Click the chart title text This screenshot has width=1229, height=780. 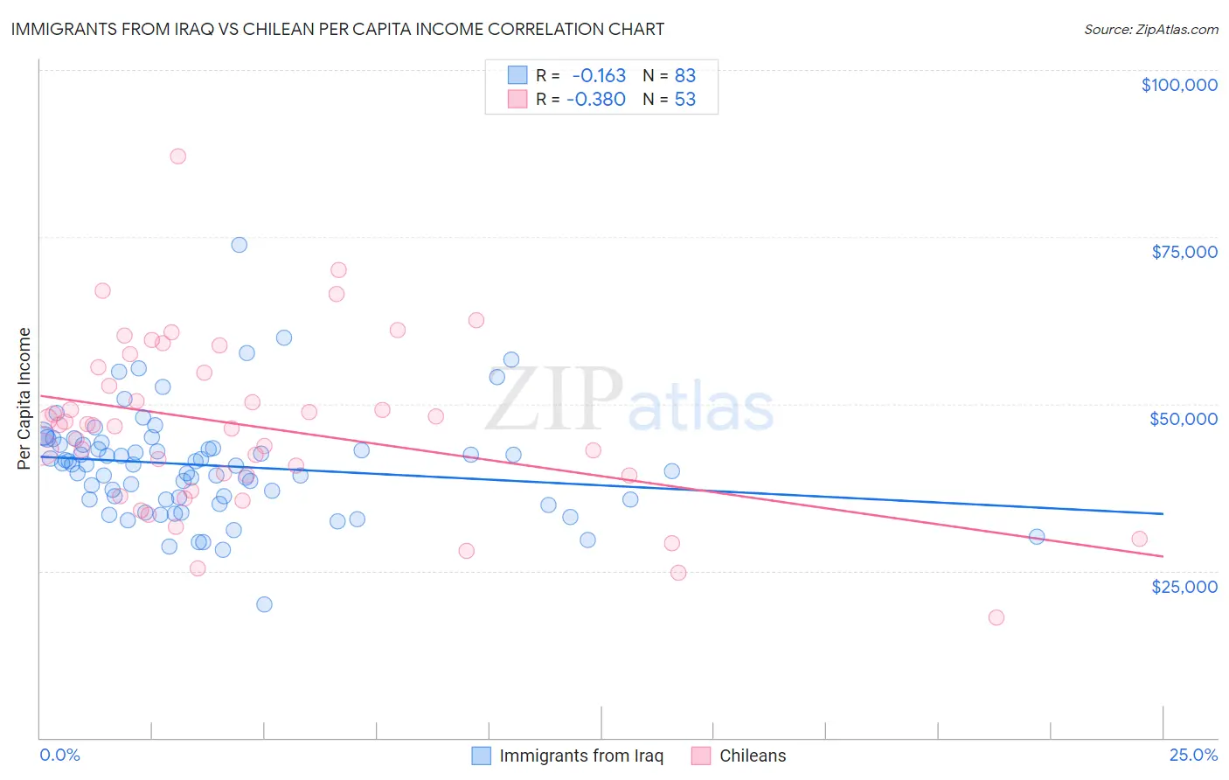(x=337, y=29)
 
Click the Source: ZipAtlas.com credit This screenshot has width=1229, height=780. (x=1150, y=29)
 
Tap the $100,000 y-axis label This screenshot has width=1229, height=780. (x=1179, y=85)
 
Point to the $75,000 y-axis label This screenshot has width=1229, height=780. (x=1184, y=252)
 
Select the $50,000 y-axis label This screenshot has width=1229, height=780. (x=1184, y=419)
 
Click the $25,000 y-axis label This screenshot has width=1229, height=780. (x=1184, y=586)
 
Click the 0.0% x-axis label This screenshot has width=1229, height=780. (x=60, y=755)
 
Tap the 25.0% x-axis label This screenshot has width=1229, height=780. (x=1193, y=755)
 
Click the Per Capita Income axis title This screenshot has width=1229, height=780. (x=24, y=398)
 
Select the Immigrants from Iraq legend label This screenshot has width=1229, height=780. (x=581, y=756)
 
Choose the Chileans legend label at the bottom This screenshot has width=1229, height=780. (x=753, y=756)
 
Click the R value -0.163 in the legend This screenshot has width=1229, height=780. (x=599, y=75)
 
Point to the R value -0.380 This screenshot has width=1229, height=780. (x=596, y=99)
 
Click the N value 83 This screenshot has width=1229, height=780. (x=685, y=75)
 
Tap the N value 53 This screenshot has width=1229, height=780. (x=685, y=99)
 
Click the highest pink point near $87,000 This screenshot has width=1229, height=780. (x=177, y=157)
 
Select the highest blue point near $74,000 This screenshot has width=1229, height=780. (x=239, y=245)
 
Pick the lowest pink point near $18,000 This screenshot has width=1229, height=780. (x=996, y=617)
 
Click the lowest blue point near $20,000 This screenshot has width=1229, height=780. (x=264, y=604)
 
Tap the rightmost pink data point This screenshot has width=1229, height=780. (x=1139, y=539)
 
